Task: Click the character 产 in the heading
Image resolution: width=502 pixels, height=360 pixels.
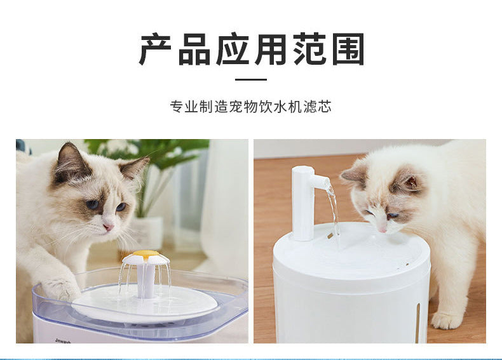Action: click(155, 49)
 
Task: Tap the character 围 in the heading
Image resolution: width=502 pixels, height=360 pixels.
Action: click(348, 49)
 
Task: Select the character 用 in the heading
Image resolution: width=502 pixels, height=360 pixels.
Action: click(271, 49)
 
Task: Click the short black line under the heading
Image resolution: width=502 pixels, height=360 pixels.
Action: click(251, 79)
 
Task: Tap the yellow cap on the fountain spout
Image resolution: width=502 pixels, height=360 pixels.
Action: click(146, 254)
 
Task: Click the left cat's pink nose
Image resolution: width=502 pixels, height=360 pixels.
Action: click(109, 227)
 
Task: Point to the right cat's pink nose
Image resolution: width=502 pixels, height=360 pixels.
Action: click(383, 229)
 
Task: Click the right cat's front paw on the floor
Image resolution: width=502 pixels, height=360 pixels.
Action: click(447, 320)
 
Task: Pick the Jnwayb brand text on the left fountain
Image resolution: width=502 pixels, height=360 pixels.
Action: click(63, 341)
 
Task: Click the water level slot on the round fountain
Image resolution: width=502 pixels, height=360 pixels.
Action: click(417, 323)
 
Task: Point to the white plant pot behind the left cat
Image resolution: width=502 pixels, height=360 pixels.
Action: click(147, 232)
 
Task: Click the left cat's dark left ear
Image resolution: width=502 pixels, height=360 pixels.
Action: click(70, 163)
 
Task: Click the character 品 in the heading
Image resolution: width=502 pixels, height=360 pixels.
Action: click(193, 49)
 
